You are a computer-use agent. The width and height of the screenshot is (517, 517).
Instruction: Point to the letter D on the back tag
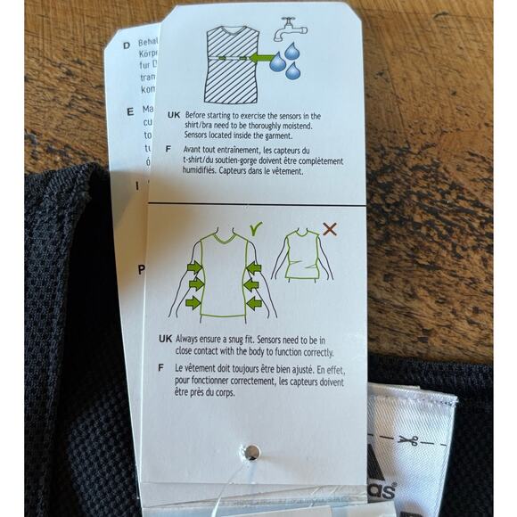pyautogui.click(x=127, y=42)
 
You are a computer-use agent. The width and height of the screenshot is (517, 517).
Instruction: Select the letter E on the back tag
pyautogui.click(x=129, y=111)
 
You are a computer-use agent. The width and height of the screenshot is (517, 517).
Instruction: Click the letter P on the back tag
pyautogui.click(x=140, y=271)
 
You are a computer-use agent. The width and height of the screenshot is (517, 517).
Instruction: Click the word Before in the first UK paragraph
pyautogui.click(x=199, y=116)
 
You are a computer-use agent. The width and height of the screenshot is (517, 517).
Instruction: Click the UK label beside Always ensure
pyautogui.click(x=165, y=340)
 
